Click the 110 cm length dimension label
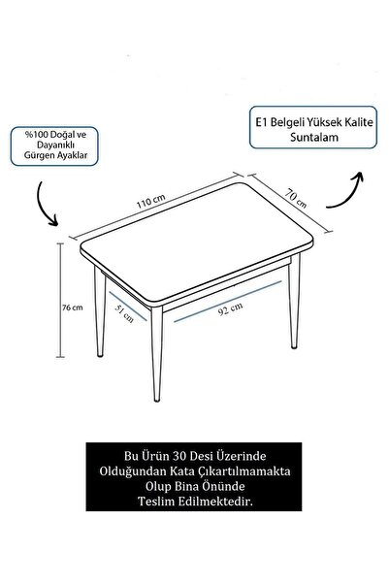pyautogui.click(x=150, y=201)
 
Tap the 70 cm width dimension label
pyautogui.click(x=296, y=198)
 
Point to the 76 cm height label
pyautogui.click(x=73, y=308)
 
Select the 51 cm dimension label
pyautogui.click(x=124, y=313)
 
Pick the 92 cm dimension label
pyautogui.click(x=231, y=309)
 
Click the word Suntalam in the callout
pyautogui.click(x=314, y=137)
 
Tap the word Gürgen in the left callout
pyautogui.click(x=37, y=155)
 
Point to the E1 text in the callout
pyautogui.click(x=261, y=122)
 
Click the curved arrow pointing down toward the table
pyautogui.click(x=45, y=205)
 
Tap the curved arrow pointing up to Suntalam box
pyautogui.click(x=346, y=191)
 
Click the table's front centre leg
pyautogui.click(x=156, y=354)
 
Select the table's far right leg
pyautogui.click(x=294, y=301)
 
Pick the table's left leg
pyautogui.click(x=100, y=312)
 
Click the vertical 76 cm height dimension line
pyautogui.click(x=60, y=300)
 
